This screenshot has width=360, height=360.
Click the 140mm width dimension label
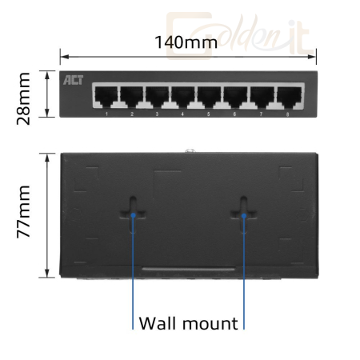(x=186, y=42)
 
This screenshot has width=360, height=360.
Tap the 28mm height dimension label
(x=23, y=98)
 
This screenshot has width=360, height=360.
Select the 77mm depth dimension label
(x=23, y=211)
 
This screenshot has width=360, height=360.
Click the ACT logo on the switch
(x=73, y=80)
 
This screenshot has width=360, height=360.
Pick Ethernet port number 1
(x=106, y=96)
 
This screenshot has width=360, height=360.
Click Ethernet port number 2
(x=132, y=96)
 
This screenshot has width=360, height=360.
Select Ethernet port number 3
(x=158, y=96)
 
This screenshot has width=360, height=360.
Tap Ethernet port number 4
(x=183, y=96)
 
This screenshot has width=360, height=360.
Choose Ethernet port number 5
(x=209, y=96)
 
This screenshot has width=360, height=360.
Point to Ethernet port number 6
(x=235, y=96)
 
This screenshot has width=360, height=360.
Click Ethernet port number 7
(x=262, y=96)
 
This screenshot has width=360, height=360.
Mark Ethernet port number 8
(x=290, y=96)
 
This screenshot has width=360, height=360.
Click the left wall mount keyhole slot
(x=133, y=214)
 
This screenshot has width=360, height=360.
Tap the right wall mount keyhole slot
(x=243, y=214)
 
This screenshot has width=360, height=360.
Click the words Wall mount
(x=188, y=323)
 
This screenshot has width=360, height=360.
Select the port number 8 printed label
(x=287, y=114)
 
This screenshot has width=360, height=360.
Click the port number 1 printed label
(x=106, y=114)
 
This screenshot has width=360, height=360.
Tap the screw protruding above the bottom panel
(x=189, y=151)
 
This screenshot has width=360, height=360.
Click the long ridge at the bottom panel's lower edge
(x=188, y=269)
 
